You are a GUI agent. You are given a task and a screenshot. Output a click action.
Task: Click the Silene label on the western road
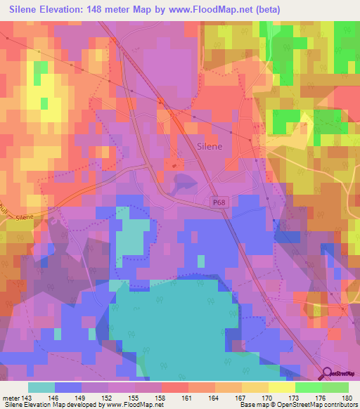click(x=24, y=219)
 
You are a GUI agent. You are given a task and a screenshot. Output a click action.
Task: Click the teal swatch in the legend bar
click(x=41, y=387)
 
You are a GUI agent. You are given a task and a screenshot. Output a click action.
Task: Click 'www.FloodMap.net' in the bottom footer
click(x=136, y=405)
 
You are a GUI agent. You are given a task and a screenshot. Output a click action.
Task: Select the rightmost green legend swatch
click(x=335, y=387)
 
